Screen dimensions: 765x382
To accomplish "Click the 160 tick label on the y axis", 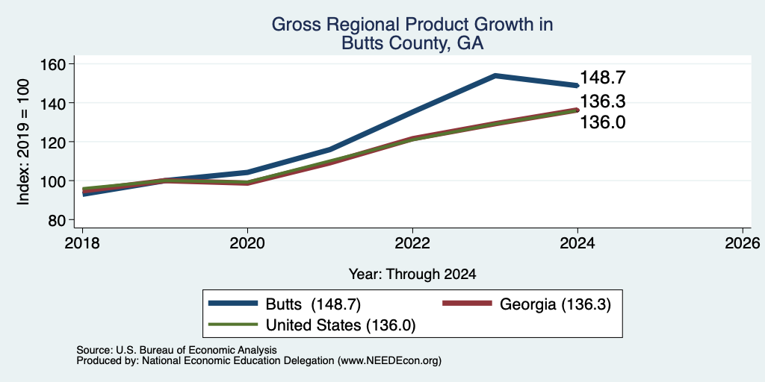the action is coord(53,64).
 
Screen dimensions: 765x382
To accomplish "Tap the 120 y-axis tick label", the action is coord(53,143).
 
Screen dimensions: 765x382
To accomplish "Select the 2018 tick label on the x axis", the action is coord(82,242).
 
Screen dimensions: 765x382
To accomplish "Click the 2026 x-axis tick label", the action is coord(743,242).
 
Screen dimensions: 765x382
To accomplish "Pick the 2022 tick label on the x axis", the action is coord(412,242).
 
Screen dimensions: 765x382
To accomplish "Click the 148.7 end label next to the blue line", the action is coord(603,78).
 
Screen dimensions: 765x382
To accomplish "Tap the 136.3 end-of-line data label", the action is coord(603,101).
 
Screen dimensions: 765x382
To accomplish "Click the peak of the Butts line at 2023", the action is coord(495,75).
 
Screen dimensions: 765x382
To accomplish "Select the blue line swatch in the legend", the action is coord(233,304).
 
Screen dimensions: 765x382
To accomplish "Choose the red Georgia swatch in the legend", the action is coord(466,304).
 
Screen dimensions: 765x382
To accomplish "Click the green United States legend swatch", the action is coord(233,324).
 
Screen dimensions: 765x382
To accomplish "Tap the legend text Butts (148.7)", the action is coord(313,304).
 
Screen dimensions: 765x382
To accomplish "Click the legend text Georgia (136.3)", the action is coord(555,304).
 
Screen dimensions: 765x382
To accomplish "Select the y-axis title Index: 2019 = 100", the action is coord(23,143).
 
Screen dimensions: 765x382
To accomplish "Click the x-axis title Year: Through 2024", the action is coord(412,275).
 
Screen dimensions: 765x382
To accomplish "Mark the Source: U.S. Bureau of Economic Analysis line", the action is coord(176,350).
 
